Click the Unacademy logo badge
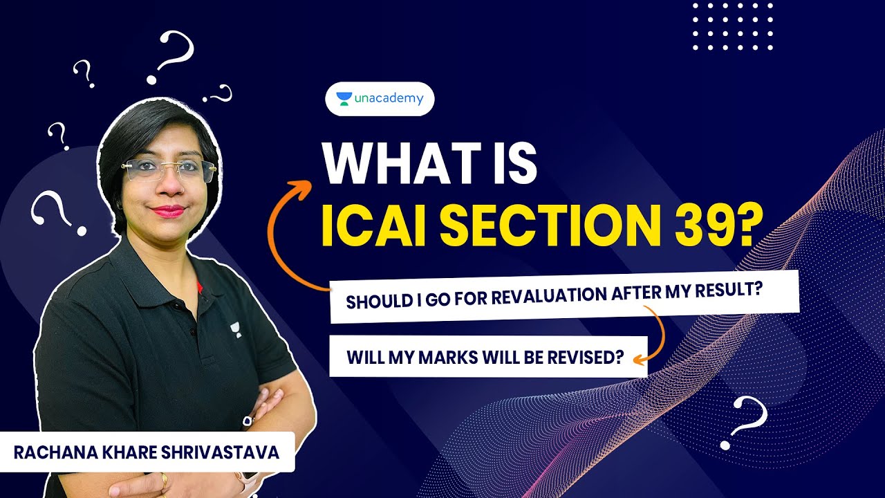380,99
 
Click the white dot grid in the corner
732,26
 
